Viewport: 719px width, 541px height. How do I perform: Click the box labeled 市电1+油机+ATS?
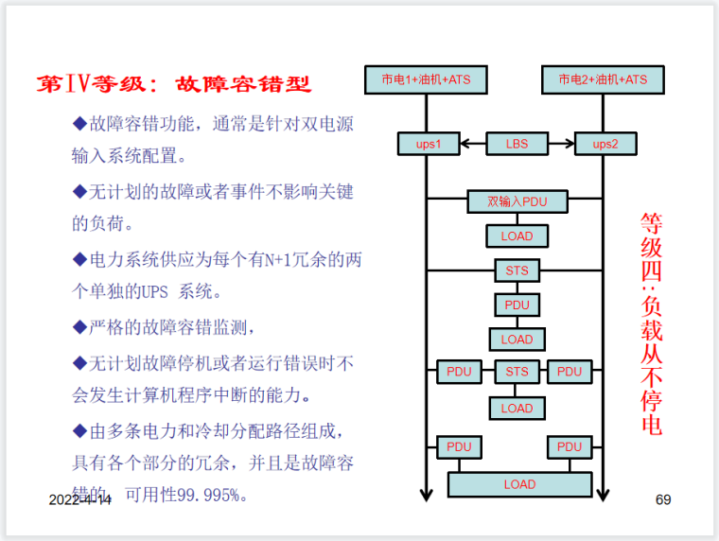coord(426,79)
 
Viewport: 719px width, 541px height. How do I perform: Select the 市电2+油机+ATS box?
coord(603,79)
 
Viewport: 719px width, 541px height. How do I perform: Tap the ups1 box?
coord(429,145)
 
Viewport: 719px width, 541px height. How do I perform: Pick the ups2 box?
coord(605,145)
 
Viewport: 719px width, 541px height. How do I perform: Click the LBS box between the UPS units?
coord(517,145)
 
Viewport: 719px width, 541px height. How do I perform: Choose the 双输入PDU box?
coord(517,201)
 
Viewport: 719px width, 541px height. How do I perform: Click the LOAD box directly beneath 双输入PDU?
coord(517,236)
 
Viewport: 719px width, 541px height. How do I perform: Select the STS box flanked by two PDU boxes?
coord(517,372)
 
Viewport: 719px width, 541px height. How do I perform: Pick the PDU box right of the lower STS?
coord(570,372)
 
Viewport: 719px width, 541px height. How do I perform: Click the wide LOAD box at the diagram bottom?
coord(519,484)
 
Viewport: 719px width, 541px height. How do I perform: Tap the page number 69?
coord(663,499)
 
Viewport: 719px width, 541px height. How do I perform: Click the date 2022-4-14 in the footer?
coord(79,499)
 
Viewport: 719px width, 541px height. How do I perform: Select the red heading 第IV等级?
coord(91,84)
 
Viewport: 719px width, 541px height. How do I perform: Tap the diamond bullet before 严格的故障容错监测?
coord(79,327)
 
